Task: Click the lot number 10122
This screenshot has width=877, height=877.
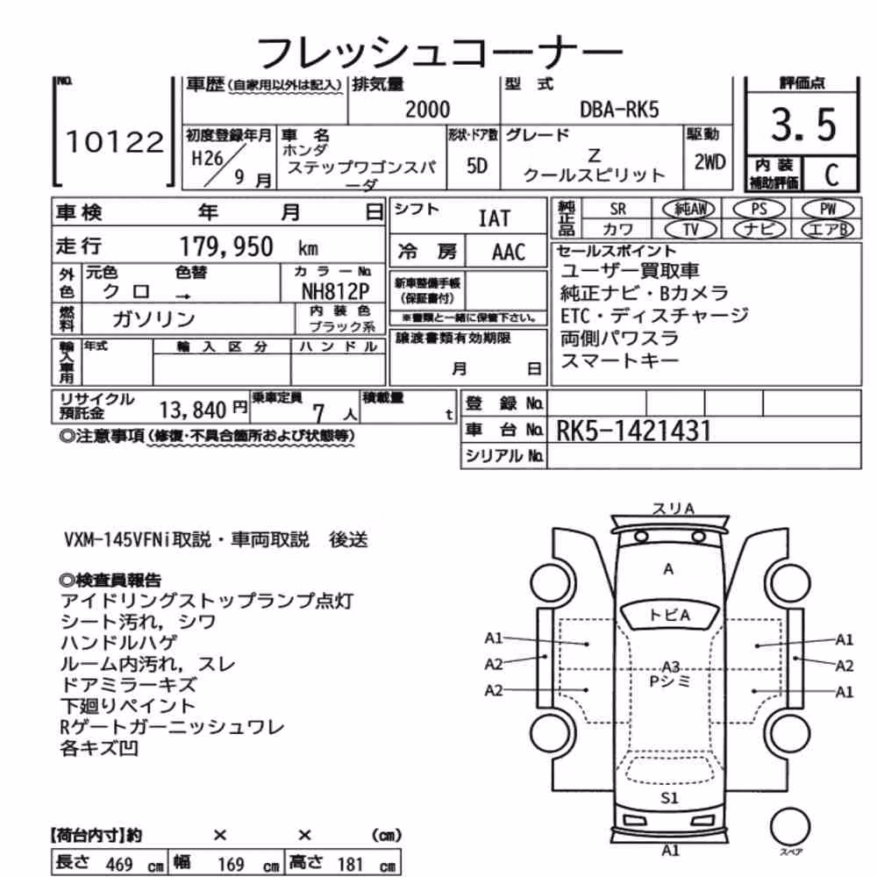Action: (115, 141)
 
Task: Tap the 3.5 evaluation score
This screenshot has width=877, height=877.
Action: (803, 125)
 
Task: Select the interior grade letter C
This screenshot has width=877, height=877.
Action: (831, 175)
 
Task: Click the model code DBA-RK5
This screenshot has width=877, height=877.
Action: (619, 110)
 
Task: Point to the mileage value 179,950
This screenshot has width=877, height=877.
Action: (226, 246)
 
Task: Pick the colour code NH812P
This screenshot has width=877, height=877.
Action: (336, 291)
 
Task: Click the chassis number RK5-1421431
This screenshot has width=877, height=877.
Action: (634, 431)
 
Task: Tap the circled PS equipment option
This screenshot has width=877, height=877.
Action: (759, 210)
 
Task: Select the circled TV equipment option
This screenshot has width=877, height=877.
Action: (691, 229)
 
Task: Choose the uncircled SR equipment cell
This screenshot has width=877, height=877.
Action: (617, 210)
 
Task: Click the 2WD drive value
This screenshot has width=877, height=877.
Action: (709, 162)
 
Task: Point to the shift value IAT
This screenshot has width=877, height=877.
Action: (495, 218)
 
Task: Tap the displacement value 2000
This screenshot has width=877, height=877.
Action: (427, 110)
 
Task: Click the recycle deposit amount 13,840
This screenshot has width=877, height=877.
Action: (192, 410)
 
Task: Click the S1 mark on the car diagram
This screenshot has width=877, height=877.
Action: (669, 797)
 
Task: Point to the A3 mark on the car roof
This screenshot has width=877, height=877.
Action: (670, 667)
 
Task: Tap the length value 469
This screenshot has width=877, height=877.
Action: (118, 864)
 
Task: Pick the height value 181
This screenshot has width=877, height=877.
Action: (350, 864)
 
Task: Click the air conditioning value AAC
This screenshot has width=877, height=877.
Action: (509, 253)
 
